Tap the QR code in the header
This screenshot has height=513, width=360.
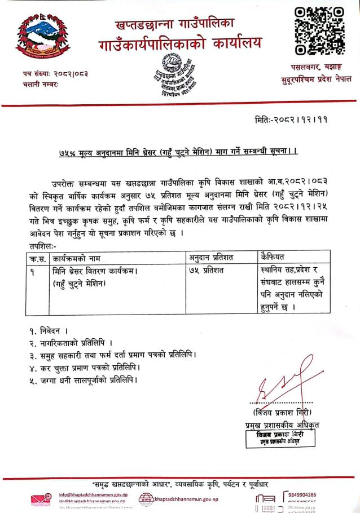coord(319,30)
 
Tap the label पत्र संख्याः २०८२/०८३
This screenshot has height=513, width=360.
coord(51,73)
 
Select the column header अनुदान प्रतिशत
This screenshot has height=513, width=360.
coord(212,258)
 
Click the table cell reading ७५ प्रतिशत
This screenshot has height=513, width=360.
coord(208,270)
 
